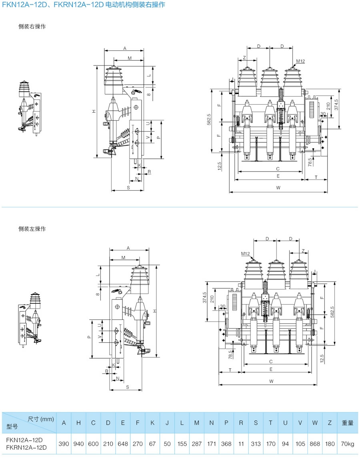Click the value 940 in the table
[x=78, y=444]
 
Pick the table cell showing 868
[x=315, y=444]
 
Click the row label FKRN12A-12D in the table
[x=24, y=448]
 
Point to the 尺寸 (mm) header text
[x=40, y=419]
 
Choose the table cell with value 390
[x=64, y=444]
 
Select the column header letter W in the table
[x=315, y=423]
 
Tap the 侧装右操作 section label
[x=32, y=26]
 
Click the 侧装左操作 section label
[x=32, y=229]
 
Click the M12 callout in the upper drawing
[x=300, y=61]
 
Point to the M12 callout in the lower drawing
[x=245, y=253]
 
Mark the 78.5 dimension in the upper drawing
[x=309, y=162]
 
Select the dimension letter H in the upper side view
[x=93, y=112]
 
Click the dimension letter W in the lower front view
[x=271, y=381]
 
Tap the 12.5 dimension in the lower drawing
[x=321, y=357]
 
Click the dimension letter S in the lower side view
[x=127, y=387]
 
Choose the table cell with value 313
[x=256, y=444]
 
